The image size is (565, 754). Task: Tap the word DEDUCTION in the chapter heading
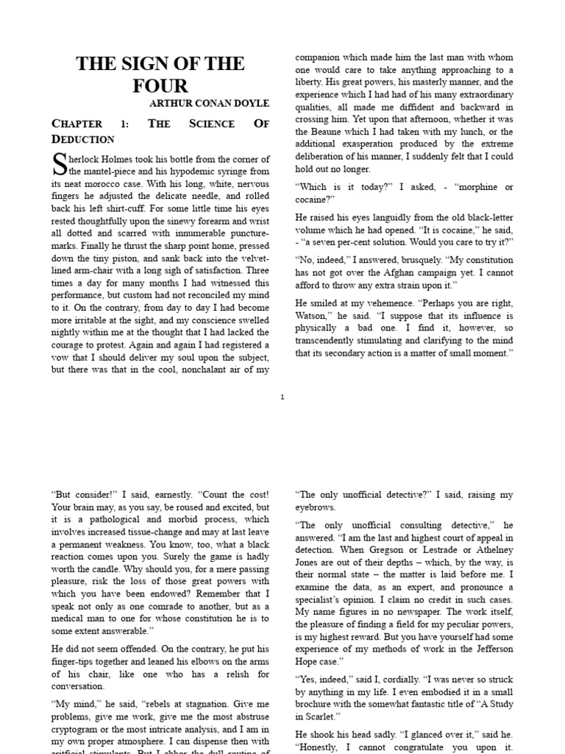[83, 139]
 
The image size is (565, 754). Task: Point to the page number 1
[282, 398]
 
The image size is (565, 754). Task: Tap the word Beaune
[321, 131]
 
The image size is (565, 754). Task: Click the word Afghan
[412, 271]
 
